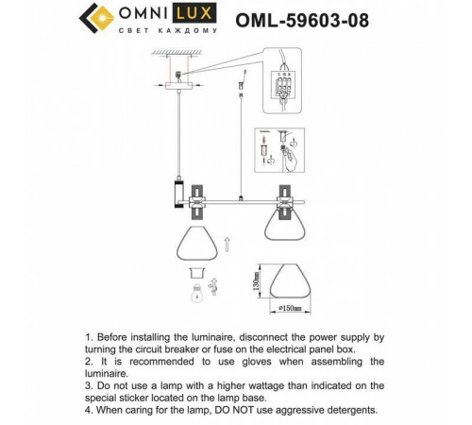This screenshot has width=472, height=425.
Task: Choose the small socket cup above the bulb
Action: [x=195, y=270]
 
